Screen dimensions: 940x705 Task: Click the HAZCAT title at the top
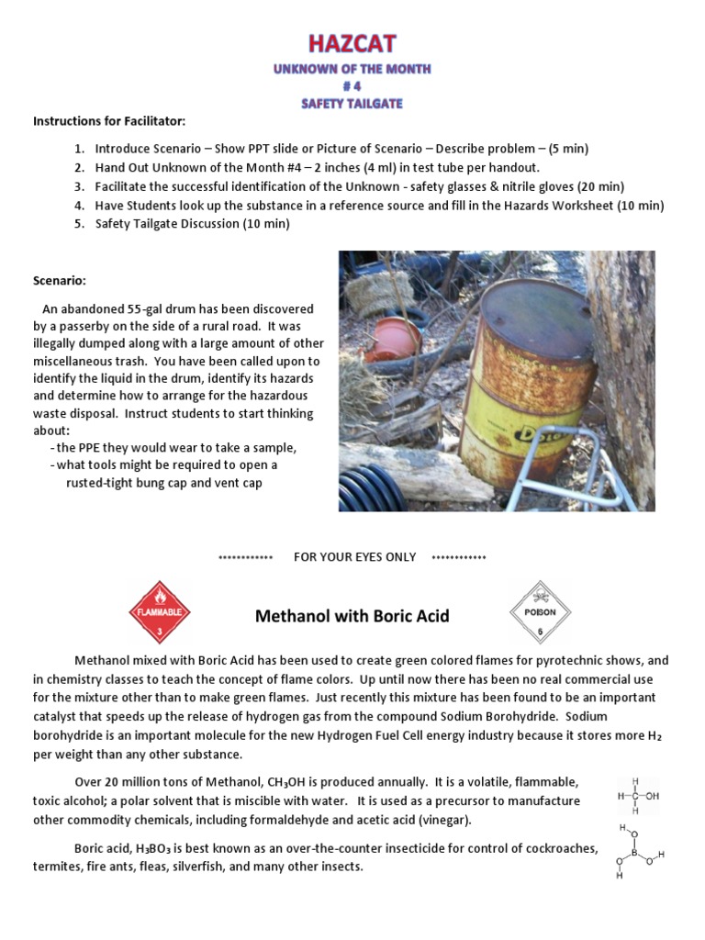(352, 43)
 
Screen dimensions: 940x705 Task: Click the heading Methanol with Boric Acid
(352, 616)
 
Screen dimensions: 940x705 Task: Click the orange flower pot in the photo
(392, 339)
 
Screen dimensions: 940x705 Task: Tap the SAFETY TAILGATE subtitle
(352, 104)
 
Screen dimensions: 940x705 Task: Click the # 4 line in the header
(352, 86)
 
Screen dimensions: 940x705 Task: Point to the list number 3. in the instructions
(80, 186)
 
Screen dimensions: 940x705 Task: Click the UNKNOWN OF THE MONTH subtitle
(352, 69)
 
